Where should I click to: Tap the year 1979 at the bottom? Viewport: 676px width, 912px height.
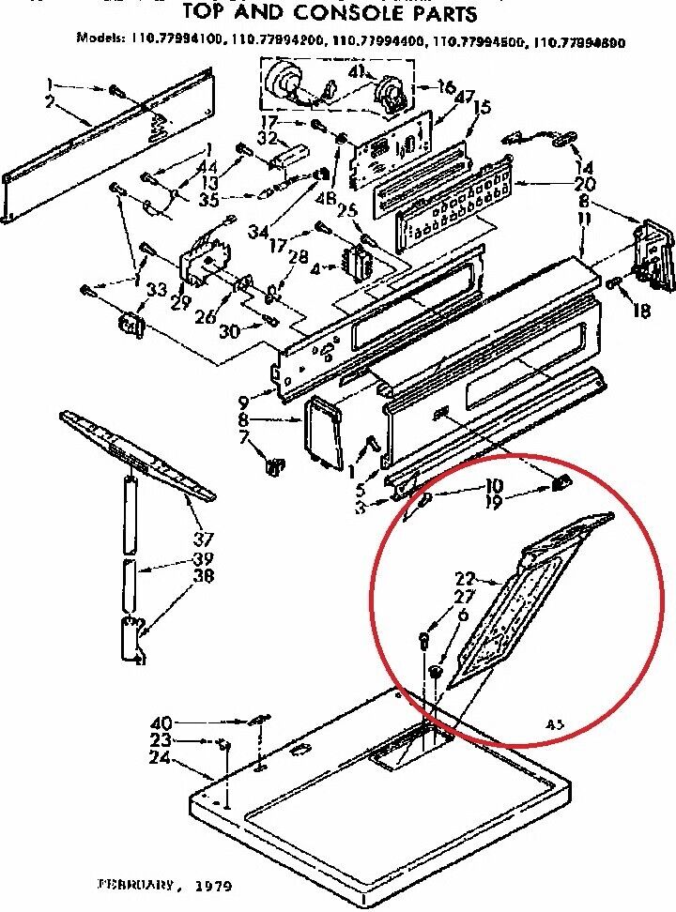[x=212, y=885]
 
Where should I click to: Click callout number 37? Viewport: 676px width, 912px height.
[x=203, y=539]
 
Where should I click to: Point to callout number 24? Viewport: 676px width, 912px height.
[x=160, y=758]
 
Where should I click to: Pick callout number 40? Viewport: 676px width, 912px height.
[x=161, y=722]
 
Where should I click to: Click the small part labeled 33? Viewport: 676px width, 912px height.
[x=129, y=325]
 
